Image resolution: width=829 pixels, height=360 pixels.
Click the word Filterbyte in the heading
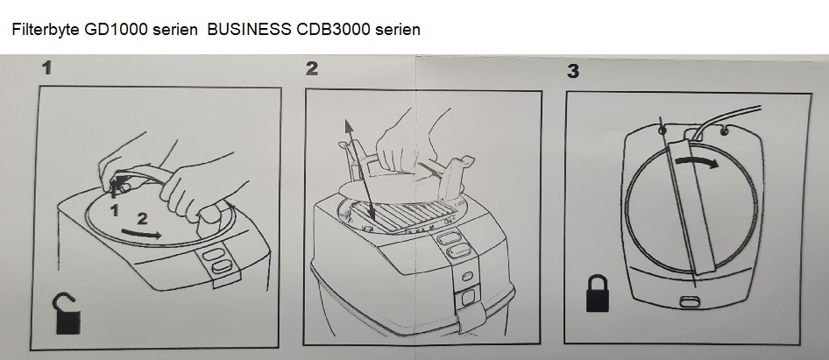pos(46,30)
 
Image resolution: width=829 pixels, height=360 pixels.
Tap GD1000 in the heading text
pos(116,29)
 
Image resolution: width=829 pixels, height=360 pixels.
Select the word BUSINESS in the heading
pos(249,29)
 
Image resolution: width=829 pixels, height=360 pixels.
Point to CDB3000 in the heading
pos(333,29)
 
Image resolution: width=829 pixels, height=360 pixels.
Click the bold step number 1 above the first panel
pos(47,68)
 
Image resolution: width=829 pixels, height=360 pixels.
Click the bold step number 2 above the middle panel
pos(312,68)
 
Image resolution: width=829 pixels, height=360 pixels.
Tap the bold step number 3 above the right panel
pos(572,71)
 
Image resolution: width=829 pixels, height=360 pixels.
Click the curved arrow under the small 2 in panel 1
pos(142,234)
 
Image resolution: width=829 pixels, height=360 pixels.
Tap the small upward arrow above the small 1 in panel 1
pos(117,190)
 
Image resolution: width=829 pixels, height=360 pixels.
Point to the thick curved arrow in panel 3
pos(697,159)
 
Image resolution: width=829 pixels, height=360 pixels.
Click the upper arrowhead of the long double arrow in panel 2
pos(349,126)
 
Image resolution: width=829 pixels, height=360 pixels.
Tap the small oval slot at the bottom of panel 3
pos(689,301)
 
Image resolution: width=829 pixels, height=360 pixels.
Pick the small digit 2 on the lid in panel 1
pos(142,219)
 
